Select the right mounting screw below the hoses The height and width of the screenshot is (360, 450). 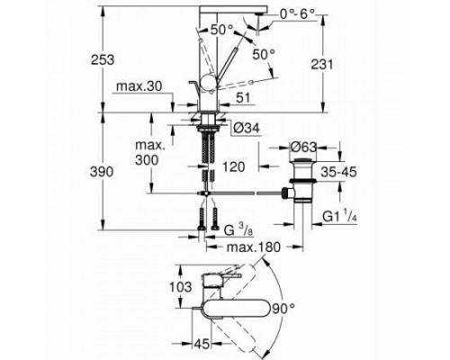tap(217, 215)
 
